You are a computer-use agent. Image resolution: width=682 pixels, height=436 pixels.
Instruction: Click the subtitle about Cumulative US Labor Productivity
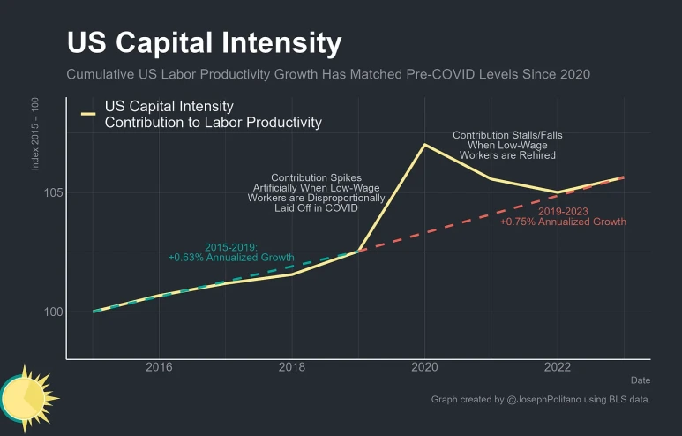coord(328,75)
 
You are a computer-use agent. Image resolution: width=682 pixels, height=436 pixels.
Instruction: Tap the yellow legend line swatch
coord(88,115)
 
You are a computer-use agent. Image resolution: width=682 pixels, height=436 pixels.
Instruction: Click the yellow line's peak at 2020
coord(425,144)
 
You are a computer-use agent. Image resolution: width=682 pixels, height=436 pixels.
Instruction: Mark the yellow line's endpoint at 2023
coord(624,177)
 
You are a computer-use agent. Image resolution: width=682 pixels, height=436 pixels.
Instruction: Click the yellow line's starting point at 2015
coord(94,312)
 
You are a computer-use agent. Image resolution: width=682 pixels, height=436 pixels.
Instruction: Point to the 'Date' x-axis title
coord(641,380)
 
